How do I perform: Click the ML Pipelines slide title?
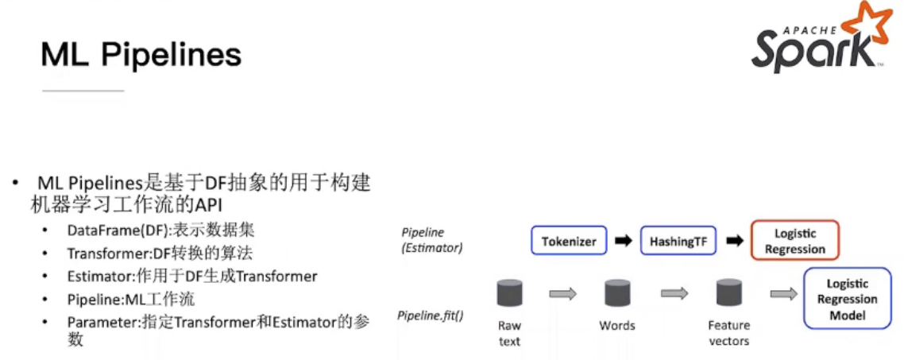tap(141, 55)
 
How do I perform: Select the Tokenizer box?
tap(569, 241)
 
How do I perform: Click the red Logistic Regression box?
tap(794, 241)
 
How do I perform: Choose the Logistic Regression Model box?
tap(847, 299)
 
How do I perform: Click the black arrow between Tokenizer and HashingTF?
tap(624, 241)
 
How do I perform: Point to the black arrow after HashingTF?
tap(735, 241)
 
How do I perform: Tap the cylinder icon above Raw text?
tap(509, 293)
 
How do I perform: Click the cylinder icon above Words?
tap(617, 293)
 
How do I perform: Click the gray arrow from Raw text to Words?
tap(563, 294)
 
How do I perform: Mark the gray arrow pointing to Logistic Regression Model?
tap(783, 294)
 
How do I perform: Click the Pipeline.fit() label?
tap(431, 315)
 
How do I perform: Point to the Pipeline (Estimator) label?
tap(431, 240)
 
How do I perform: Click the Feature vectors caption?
tap(728, 333)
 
